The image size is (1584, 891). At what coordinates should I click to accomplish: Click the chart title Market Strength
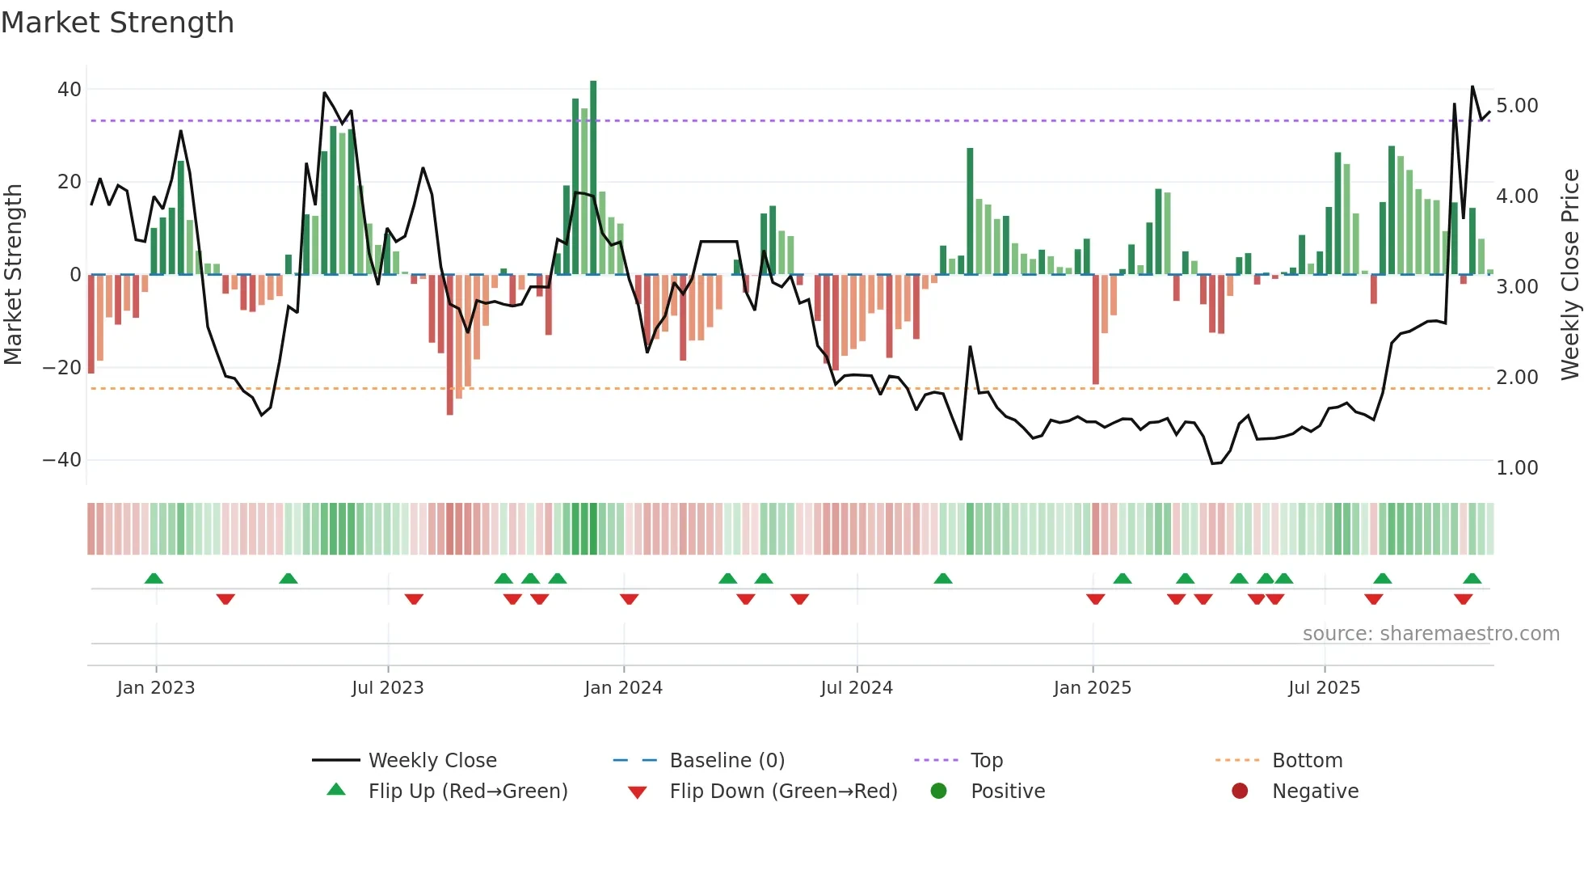[117, 23]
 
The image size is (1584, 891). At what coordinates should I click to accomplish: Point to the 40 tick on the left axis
[70, 90]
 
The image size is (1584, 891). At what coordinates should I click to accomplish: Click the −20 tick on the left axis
[62, 368]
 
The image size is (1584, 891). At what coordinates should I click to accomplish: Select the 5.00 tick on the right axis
[1517, 106]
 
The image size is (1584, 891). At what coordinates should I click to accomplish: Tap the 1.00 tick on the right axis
[1517, 468]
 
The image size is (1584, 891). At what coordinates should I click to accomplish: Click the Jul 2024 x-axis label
[857, 688]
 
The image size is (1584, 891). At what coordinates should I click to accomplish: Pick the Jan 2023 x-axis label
[156, 688]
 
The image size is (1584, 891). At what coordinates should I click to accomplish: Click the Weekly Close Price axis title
[1569, 275]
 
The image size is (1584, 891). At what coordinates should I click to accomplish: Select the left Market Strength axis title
[14, 275]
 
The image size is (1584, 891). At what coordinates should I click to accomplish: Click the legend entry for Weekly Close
[432, 761]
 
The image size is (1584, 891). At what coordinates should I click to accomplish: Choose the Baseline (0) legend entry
[727, 761]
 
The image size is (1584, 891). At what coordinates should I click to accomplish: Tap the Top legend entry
[986, 761]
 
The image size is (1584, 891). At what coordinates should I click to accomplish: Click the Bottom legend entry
[1307, 761]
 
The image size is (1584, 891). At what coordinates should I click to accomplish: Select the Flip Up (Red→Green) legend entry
[468, 792]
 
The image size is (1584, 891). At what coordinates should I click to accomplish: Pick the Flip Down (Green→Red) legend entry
[783, 792]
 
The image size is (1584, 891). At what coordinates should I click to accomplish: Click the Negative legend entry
[1315, 792]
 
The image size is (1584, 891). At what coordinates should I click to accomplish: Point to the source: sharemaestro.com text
[1430, 634]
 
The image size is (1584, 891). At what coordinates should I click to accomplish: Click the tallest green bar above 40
[593, 178]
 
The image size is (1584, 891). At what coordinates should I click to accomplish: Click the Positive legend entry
[1007, 792]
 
